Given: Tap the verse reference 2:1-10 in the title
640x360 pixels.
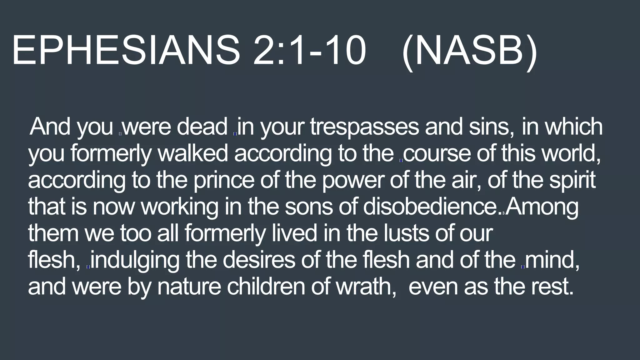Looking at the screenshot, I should [x=309, y=50].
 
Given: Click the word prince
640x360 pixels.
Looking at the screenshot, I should [x=224, y=180].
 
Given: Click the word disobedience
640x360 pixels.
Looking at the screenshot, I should [x=431, y=207].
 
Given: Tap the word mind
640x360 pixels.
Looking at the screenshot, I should [x=552, y=260].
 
